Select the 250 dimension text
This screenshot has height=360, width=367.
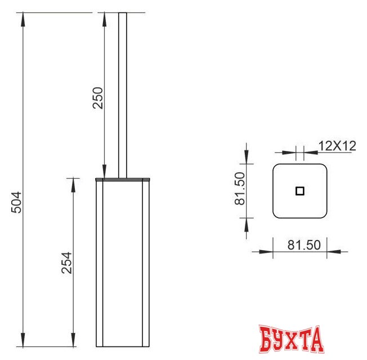pos(97,98)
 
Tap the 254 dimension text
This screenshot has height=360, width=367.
pos(66,263)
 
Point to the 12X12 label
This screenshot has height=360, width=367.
pos(337,145)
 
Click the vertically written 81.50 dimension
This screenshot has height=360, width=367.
pos(239,188)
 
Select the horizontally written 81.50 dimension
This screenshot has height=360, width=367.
pos(303,245)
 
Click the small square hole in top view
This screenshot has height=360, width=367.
pos(300,191)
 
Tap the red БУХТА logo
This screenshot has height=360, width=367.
pos(292,339)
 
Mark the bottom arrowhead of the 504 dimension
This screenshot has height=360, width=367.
pos(23,340)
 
